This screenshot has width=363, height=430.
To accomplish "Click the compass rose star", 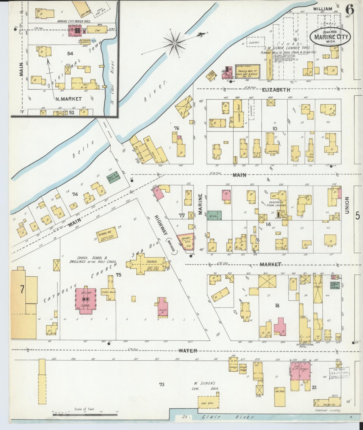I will [175, 44].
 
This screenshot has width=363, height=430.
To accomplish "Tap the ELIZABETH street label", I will [276, 90].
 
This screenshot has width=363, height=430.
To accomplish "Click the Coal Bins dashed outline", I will [208, 402].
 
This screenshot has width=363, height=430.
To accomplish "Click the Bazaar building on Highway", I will [186, 242].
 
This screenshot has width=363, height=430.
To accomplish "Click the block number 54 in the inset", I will [70, 53].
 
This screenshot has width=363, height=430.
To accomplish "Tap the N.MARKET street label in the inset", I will [68, 99].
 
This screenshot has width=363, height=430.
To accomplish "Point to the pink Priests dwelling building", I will [163, 308].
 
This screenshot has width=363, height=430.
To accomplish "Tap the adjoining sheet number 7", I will [22, 289].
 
